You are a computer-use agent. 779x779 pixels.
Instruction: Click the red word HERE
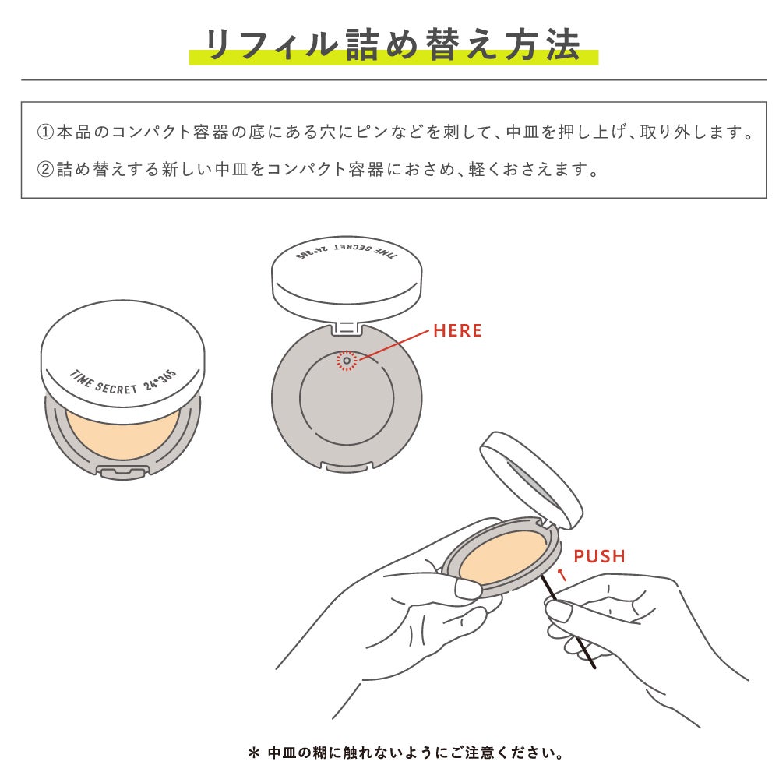pos(457,330)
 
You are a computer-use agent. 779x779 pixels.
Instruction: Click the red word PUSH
pos(599,556)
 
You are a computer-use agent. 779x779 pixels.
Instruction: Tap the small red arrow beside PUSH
pos(562,576)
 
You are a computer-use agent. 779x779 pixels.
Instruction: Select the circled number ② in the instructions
pos(45,169)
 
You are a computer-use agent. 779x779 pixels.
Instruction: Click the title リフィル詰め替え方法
pos(393,45)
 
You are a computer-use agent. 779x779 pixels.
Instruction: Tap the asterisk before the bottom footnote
pos(252,753)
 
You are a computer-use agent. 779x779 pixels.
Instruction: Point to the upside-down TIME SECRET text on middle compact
pos(347,258)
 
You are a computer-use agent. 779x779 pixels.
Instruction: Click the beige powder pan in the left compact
pos(123,436)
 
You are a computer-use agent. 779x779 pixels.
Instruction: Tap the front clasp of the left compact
pos(122,471)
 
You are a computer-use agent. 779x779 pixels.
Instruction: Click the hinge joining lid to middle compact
pos(347,327)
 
